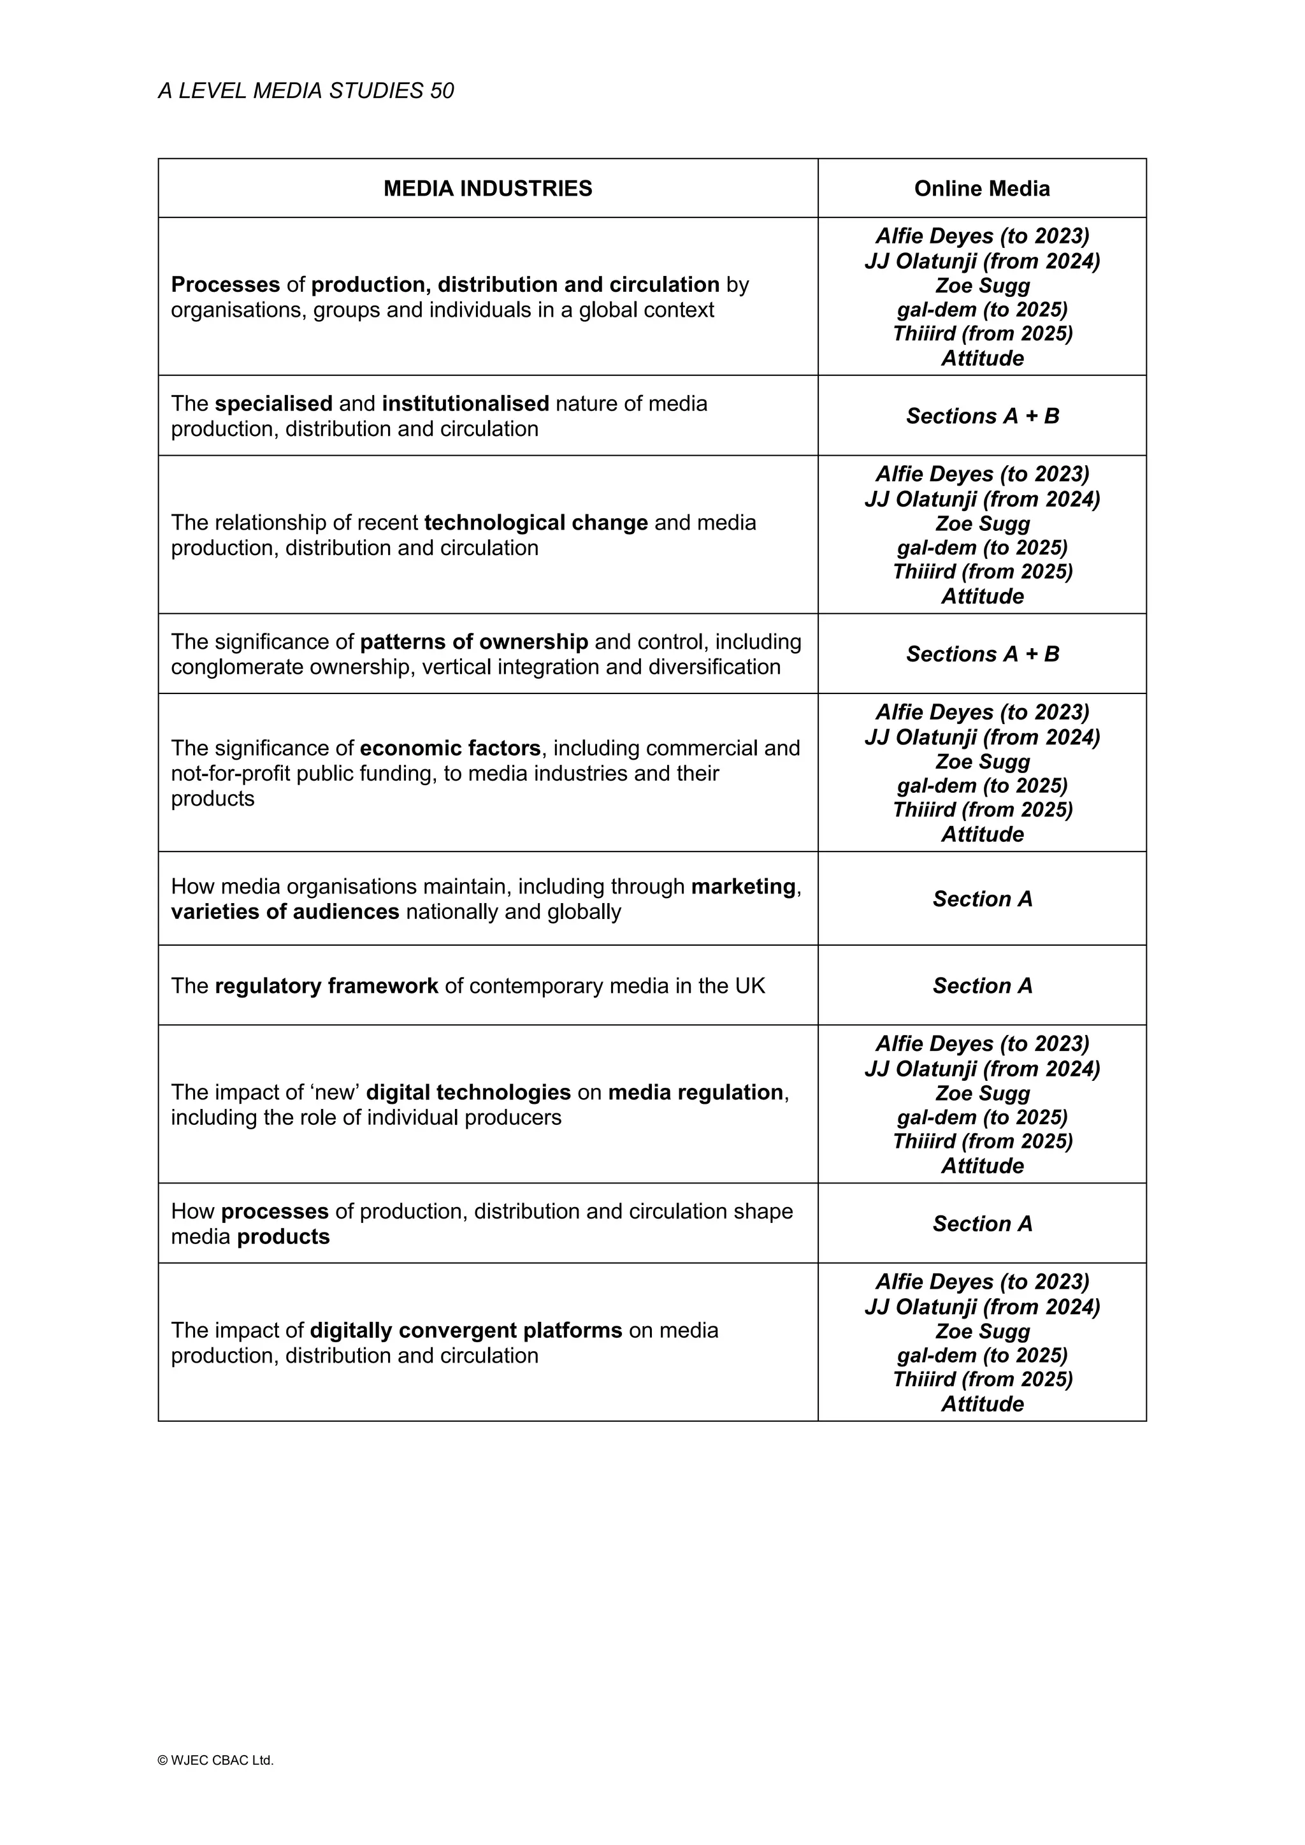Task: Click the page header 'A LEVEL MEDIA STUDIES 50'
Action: pyautogui.click(x=305, y=90)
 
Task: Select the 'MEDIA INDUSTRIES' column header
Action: pyautogui.click(x=487, y=188)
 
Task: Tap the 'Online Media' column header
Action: pyautogui.click(x=981, y=188)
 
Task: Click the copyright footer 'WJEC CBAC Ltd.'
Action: pyautogui.click(x=215, y=1760)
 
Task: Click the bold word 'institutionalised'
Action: pyautogui.click(x=465, y=403)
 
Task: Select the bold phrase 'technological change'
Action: pyautogui.click(x=536, y=523)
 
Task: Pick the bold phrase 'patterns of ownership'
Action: pyautogui.click(x=474, y=641)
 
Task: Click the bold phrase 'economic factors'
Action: pyautogui.click(x=450, y=748)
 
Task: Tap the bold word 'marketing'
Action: pyautogui.click(x=744, y=886)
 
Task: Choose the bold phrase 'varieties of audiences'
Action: pyautogui.click(x=285, y=912)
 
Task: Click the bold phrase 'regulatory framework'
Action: pyautogui.click(x=326, y=985)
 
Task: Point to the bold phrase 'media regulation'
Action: pyautogui.click(x=696, y=1092)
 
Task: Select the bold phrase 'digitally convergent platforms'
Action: pyautogui.click(x=466, y=1330)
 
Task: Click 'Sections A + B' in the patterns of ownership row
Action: pyautogui.click(x=982, y=654)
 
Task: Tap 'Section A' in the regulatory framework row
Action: pyautogui.click(x=982, y=985)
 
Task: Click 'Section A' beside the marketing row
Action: pyautogui.click(x=982, y=899)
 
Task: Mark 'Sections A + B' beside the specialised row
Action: pyautogui.click(x=982, y=416)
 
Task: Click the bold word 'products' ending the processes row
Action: pyautogui.click(x=284, y=1237)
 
